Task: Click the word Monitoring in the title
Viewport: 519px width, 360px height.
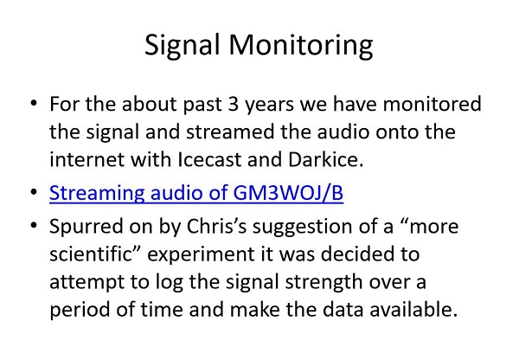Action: tap(300, 46)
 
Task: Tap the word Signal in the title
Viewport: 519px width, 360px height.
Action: tap(183, 46)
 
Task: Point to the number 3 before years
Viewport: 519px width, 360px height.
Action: tap(234, 104)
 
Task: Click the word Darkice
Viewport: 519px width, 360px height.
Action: tap(326, 159)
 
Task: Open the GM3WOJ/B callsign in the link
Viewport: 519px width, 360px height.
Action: tap(288, 192)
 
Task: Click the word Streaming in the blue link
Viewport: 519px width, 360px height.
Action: tap(97, 194)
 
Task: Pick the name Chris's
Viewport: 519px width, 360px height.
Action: tap(217, 226)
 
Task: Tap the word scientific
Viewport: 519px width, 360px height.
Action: tap(94, 254)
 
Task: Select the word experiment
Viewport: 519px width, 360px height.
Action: tap(201, 255)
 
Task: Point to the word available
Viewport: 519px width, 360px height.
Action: tap(413, 309)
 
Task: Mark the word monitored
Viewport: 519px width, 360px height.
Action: tap(432, 104)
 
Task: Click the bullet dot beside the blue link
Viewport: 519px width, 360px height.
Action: tap(34, 192)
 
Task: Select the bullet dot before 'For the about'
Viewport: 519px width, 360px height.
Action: tap(34, 103)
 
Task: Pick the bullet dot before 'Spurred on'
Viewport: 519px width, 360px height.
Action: tap(34, 225)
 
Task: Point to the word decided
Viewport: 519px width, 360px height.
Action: tap(356, 254)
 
